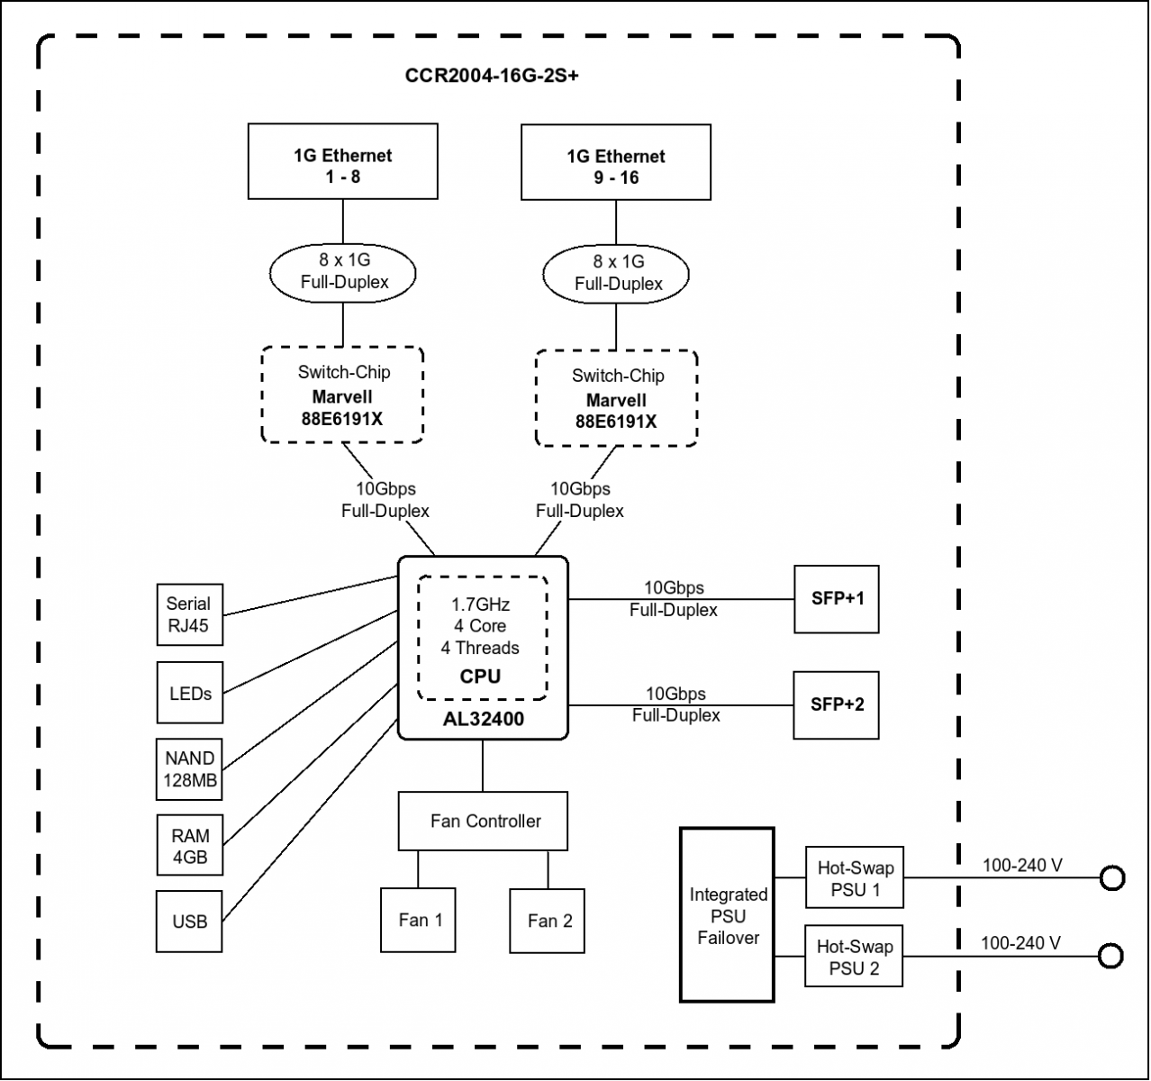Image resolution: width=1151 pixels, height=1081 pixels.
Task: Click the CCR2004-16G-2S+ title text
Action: [492, 76]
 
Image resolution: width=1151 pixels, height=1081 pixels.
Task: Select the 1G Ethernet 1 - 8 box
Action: [343, 161]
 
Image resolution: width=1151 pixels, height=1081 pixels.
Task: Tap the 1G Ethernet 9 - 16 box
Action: [616, 162]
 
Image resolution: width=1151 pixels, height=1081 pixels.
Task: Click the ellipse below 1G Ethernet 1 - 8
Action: [342, 273]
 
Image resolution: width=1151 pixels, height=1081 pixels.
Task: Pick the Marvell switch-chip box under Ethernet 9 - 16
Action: [616, 398]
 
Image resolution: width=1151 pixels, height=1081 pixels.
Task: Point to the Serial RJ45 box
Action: [189, 614]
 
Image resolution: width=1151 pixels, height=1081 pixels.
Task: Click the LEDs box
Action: [189, 693]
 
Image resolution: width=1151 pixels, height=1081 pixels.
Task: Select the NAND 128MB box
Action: [189, 769]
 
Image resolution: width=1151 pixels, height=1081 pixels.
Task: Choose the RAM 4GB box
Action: [189, 846]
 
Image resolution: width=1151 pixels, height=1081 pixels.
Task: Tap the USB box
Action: [189, 922]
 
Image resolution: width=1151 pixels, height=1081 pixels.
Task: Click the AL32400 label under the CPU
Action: [484, 719]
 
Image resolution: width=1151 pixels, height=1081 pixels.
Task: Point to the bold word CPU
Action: [480, 677]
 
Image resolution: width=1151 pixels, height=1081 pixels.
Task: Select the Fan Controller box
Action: [483, 822]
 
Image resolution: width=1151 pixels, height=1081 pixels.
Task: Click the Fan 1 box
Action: [418, 921]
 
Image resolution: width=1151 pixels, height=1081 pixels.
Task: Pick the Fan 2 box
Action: [547, 921]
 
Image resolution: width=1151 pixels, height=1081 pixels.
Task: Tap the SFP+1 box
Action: [837, 599]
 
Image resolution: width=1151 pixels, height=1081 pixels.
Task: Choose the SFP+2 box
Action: [837, 705]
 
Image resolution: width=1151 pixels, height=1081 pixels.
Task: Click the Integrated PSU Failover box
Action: [728, 915]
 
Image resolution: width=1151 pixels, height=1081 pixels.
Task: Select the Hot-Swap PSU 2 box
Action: [854, 957]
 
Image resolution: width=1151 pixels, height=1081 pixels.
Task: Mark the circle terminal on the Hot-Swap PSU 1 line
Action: [1112, 878]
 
